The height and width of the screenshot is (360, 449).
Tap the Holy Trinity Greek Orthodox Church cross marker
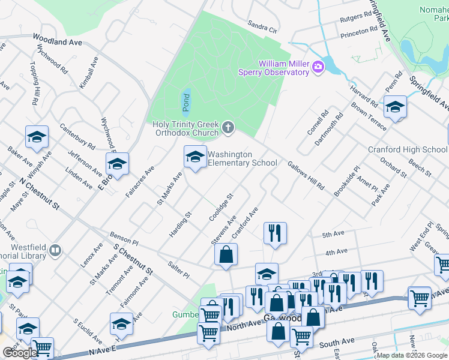click(x=228, y=127)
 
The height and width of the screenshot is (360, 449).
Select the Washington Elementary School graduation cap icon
click(x=194, y=157)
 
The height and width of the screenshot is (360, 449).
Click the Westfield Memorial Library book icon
click(x=55, y=250)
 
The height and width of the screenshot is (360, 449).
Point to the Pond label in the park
click(x=185, y=103)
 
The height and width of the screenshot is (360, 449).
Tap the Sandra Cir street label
click(x=263, y=27)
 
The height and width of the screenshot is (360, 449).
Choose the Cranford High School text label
click(x=408, y=149)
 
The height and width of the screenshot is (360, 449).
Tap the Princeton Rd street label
click(x=359, y=33)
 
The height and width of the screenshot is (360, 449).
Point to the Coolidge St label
click(x=220, y=207)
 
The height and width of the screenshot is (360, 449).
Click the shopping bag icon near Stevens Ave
click(x=226, y=254)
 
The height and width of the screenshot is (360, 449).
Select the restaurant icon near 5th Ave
click(x=275, y=232)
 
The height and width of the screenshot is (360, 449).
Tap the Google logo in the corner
click(x=20, y=353)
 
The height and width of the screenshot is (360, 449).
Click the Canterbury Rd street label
click(x=77, y=137)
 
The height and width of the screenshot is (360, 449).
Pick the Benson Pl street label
click(x=124, y=238)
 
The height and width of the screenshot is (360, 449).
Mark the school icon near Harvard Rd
click(x=395, y=108)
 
